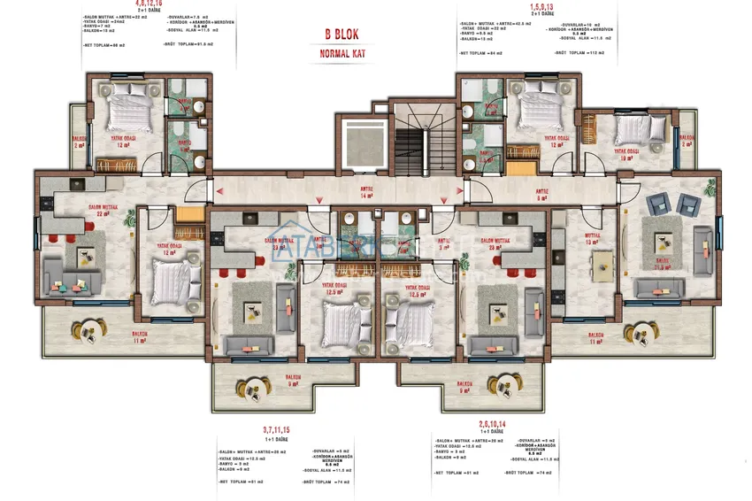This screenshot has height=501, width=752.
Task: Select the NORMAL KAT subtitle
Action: [x=341, y=54]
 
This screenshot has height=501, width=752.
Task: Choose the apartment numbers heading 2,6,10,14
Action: [x=493, y=426]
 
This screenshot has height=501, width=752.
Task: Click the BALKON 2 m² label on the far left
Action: [x=79, y=141]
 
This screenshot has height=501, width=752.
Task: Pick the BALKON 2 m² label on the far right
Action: [x=686, y=141]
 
